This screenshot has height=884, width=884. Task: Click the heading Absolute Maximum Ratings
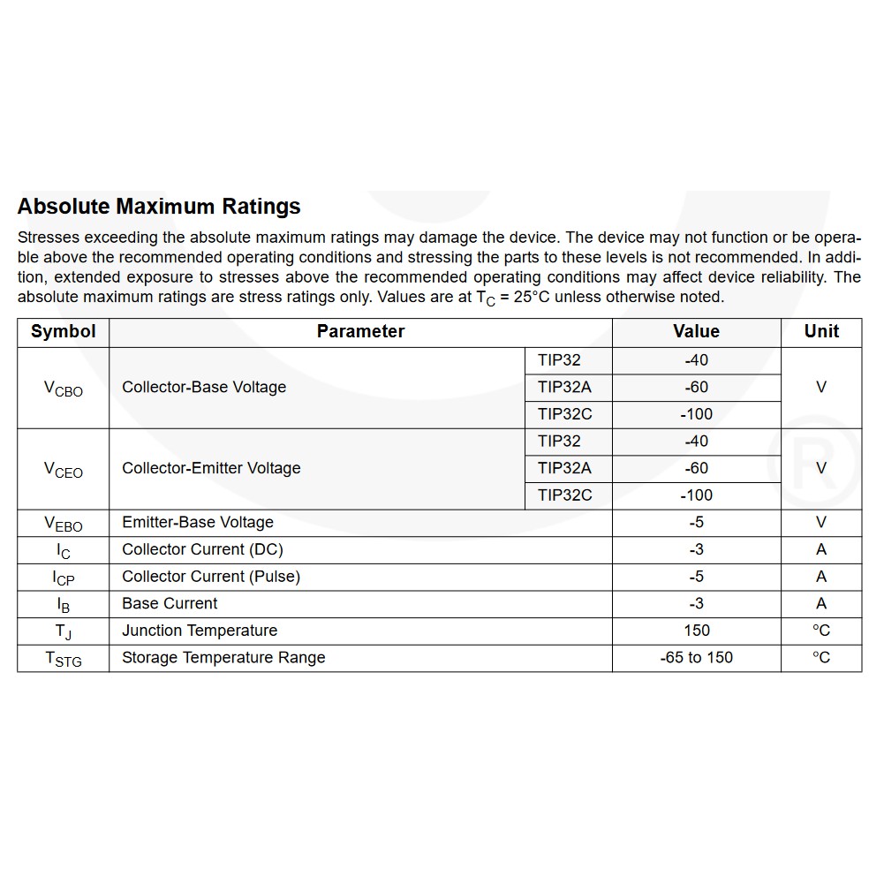159,207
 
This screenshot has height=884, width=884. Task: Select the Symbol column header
63,332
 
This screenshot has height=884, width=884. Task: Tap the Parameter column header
360,332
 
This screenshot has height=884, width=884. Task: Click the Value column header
696,332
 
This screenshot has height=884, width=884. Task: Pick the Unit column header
821,332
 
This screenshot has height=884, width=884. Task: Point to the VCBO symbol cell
63,388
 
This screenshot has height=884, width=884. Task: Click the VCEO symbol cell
63,469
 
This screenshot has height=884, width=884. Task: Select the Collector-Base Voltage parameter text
204,387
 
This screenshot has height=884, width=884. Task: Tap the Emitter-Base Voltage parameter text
198,523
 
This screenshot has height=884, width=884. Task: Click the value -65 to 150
696,658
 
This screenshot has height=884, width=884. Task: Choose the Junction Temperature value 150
696,631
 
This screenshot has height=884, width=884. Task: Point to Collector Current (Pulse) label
211,577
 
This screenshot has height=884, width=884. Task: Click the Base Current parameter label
170,604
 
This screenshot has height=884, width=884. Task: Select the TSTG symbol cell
63,659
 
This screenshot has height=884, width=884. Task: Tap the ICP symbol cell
63,578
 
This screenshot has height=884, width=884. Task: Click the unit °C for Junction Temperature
821,631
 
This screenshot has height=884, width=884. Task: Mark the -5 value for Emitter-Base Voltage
696,523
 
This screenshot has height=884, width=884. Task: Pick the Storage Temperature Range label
223,658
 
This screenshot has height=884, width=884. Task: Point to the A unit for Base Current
821,604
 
